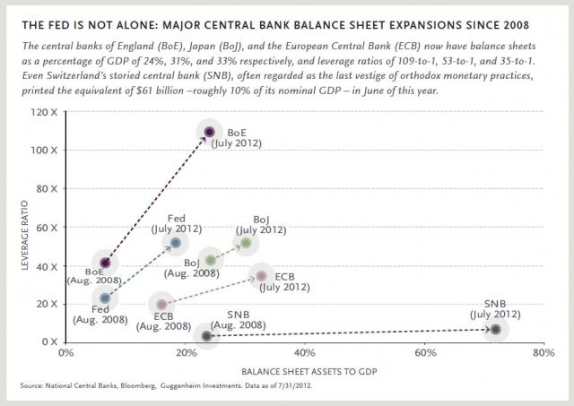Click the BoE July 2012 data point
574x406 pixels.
(210, 132)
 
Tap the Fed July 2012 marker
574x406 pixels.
(176, 243)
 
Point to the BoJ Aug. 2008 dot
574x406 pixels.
(211, 260)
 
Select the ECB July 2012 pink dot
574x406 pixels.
(261, 276)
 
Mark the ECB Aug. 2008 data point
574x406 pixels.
(161, 305)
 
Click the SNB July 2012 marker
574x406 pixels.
(495, 329)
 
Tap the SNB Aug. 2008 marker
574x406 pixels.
(207, 335)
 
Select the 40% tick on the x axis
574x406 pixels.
(304, 352)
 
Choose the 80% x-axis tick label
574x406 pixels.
(543, 352)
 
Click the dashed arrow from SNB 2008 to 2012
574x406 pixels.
(350, 333)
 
